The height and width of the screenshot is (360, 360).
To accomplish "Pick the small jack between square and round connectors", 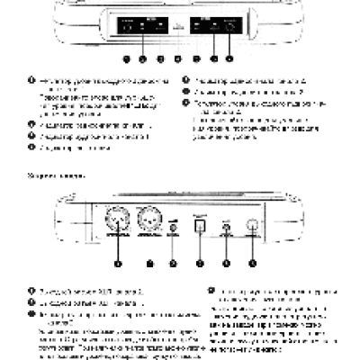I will click(x=228, y=231).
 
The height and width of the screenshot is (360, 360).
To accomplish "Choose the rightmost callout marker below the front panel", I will click(x=229, y=58).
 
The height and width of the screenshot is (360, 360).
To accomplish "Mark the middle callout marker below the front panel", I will click(x=179, y=58).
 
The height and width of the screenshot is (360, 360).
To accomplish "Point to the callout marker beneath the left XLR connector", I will click(x=118, y=264).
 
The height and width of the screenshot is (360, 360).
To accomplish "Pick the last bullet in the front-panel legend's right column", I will click(x=186, y=104).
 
